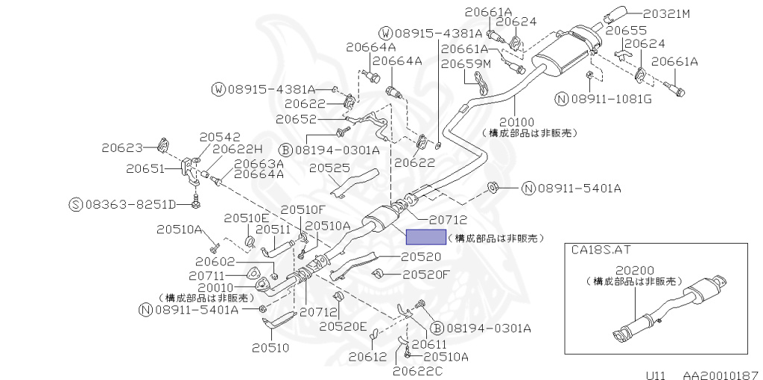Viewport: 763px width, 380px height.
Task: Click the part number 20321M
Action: point(668,13)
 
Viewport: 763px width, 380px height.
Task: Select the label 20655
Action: point(625,31)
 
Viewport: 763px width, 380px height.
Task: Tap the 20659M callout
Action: point(465,64)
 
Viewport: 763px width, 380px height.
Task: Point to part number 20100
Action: point(517,121)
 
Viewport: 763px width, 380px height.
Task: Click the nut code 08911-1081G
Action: point(613,99)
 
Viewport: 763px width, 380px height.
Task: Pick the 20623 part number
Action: point(124,148)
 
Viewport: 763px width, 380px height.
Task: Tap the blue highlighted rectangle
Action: point(425,238)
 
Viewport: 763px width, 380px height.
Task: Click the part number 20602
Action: point(216,262)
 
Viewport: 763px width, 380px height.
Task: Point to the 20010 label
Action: point(216,286)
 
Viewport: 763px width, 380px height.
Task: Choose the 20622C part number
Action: point(417,370)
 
